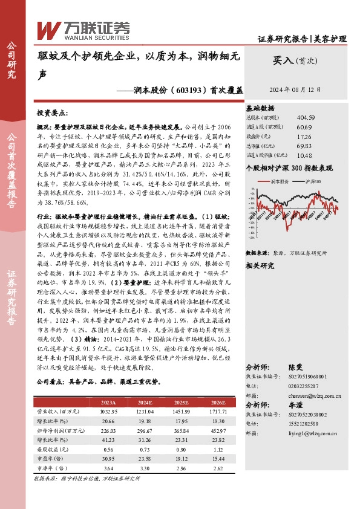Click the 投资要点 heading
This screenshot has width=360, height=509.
click(51, 113)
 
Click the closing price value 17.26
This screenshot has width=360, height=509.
click(304, 137)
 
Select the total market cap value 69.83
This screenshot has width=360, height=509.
click(304, 146)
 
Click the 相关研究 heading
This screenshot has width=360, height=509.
click(260, 264)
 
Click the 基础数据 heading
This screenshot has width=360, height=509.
click(260, 106)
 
